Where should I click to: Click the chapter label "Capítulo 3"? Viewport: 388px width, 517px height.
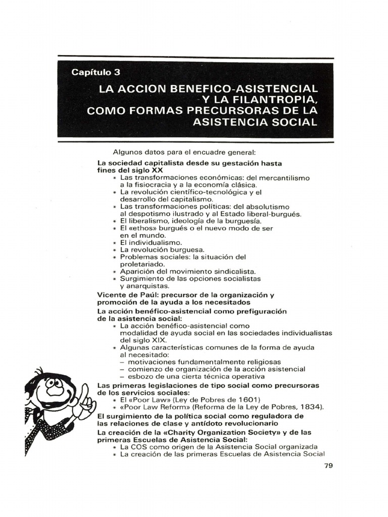(x=96, y=73)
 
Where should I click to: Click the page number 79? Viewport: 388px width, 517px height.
(x=328, y=466)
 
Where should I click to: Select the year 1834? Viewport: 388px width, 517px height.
(x=312, y=407)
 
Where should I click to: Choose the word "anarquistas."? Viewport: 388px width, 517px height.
(x=144, y=286)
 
